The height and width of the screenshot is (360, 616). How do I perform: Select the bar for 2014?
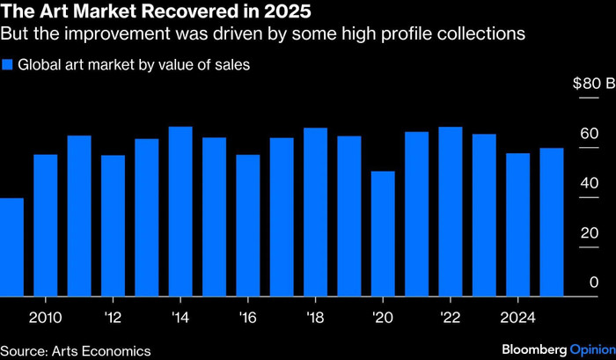(x=180, y=211)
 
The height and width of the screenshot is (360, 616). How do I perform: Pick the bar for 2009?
(x=11, y=246)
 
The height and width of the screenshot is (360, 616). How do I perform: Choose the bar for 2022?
(x=451, y=211)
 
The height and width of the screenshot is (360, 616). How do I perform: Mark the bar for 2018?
(x=315, y=212)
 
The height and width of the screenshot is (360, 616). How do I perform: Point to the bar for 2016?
(x=248, y=225)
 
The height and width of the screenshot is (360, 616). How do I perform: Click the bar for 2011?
(x=79, y=216)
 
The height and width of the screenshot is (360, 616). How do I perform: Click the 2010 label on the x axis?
(x=46, y=316)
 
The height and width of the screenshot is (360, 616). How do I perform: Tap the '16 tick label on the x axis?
(x=248, y=316)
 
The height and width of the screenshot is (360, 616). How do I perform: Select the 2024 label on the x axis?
(x=517, y=316)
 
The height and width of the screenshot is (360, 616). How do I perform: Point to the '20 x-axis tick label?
(x=383, y=316)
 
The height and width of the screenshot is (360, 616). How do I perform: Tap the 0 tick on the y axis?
(x=594, y=283)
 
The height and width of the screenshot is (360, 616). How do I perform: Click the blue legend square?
(x=7, y=64)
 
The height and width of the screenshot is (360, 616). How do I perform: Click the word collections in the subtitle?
(x=479, y=35)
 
